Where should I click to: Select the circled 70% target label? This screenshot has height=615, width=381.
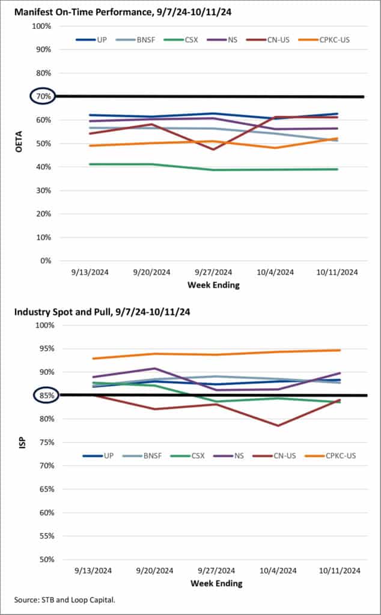click(x=42, y=96)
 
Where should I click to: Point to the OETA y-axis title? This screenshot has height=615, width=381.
click(x=17, y=143)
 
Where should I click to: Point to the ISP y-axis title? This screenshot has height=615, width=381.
click(x=17, y=442)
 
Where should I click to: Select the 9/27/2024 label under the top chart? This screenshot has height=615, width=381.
click(x=214, y=272)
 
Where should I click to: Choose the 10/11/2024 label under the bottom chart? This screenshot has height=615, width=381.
click(x=338, y=571)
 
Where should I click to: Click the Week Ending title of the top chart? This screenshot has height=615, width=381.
click(x=214, y=285)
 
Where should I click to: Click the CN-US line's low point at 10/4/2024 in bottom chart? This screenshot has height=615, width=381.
click(x=278, y=425)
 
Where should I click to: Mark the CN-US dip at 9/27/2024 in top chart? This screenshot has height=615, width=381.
click(x=213, y=149)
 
